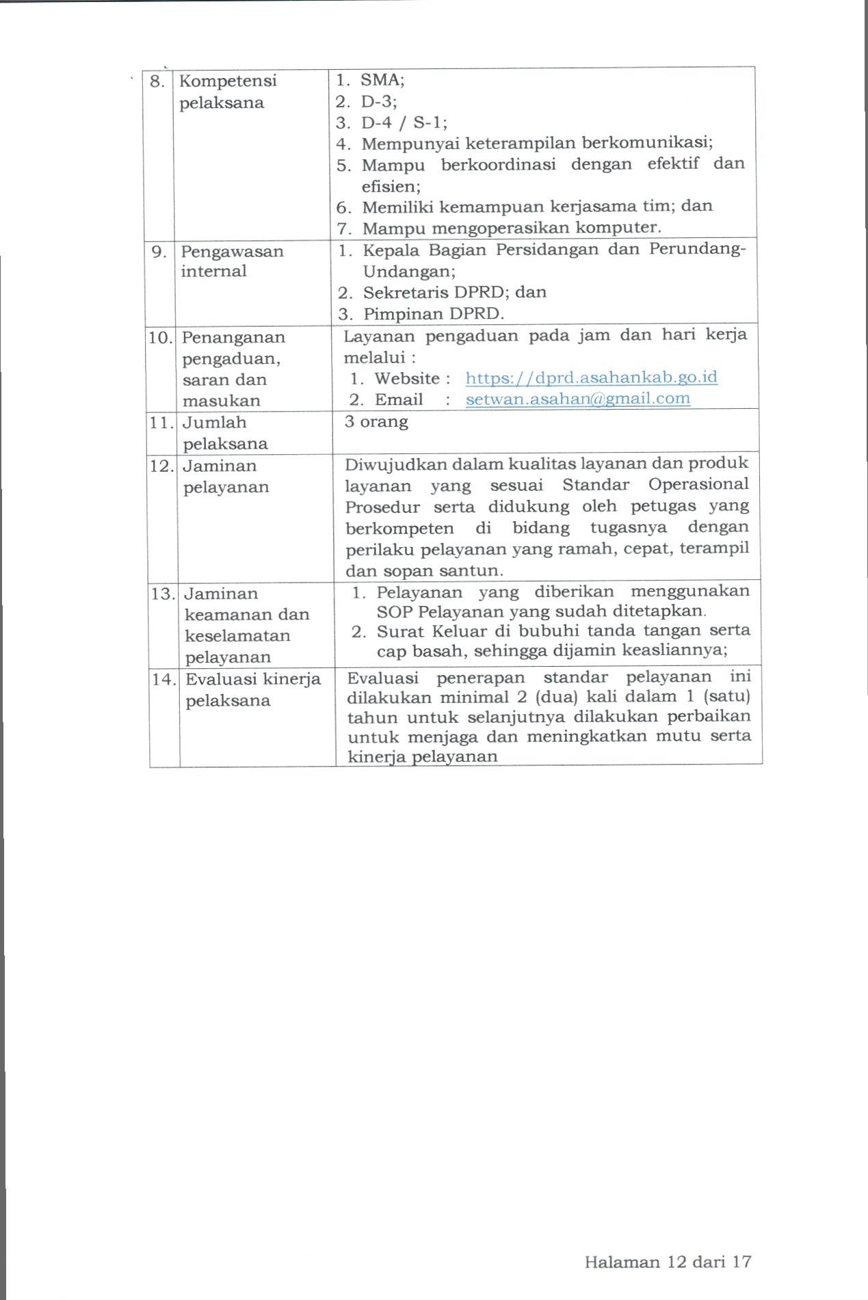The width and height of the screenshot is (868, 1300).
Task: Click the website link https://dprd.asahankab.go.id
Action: tap(591, 377)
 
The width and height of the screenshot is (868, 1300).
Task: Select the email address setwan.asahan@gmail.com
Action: tap(578, 399)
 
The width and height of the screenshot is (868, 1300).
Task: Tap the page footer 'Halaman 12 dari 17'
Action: tap(668, 1262)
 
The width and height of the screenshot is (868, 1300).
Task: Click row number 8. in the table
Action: tap(157, 81)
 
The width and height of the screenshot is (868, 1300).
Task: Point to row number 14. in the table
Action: tap(164, 679)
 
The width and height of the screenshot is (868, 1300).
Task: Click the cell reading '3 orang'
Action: tap(376, 421)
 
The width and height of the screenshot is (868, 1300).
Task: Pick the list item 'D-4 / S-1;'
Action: tap(404, 122)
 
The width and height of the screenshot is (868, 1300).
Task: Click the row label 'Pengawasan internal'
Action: tap(232, 261)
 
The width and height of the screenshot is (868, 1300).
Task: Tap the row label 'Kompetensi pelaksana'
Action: tap(228, 92)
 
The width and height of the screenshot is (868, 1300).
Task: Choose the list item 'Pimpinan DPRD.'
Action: tap(433, 314)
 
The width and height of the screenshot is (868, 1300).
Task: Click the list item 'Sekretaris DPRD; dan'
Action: tap(454, 293)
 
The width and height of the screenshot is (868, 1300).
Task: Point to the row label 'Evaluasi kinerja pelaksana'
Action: tap(253, 689)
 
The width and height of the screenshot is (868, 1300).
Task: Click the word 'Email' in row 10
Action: tap(399, 399)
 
